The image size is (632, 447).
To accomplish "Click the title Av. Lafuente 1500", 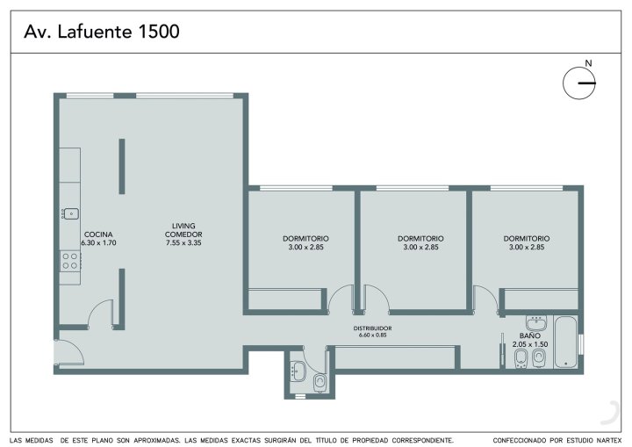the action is pyautogui.click(x=102, y=32).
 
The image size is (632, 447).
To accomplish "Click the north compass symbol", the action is pyautogui.click(x=579, y=83).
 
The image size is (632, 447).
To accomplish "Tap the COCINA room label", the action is pyautogui.click(x=98, y=234).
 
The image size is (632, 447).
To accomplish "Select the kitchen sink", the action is pyautogui.click(x=70, y=213).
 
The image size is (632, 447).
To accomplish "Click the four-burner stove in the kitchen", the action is pyautogui.click(x=70, y=261).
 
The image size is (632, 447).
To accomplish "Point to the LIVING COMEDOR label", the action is pyautogui.click(x=183, y=230).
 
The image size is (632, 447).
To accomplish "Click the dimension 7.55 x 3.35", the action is pyautogui.click(x=183, y=243).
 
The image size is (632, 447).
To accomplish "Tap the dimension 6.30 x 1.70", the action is pyautogui.click(x=98, y=243).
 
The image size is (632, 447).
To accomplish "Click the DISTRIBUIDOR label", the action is pyautogui.click(x=372, y=328).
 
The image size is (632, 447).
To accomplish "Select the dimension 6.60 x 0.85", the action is pyautogui.click(x=372, y=335).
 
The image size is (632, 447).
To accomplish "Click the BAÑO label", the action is pyautogui.click(x=530, y=335).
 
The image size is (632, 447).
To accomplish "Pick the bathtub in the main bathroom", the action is pyautogui.click(x=566, y=342).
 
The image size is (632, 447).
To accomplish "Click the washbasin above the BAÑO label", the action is pyautogui.click(x=536, y=323).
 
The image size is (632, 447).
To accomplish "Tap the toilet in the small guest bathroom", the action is pyautogui.click(x=320, y=382).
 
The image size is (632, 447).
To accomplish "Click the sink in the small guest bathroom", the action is pyautogui.click(x=298, y=371).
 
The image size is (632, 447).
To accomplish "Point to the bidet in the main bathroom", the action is pyautogui.click(x=521, y=358).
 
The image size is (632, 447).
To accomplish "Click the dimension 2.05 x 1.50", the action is pyautogui.click(x=530, y=344).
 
